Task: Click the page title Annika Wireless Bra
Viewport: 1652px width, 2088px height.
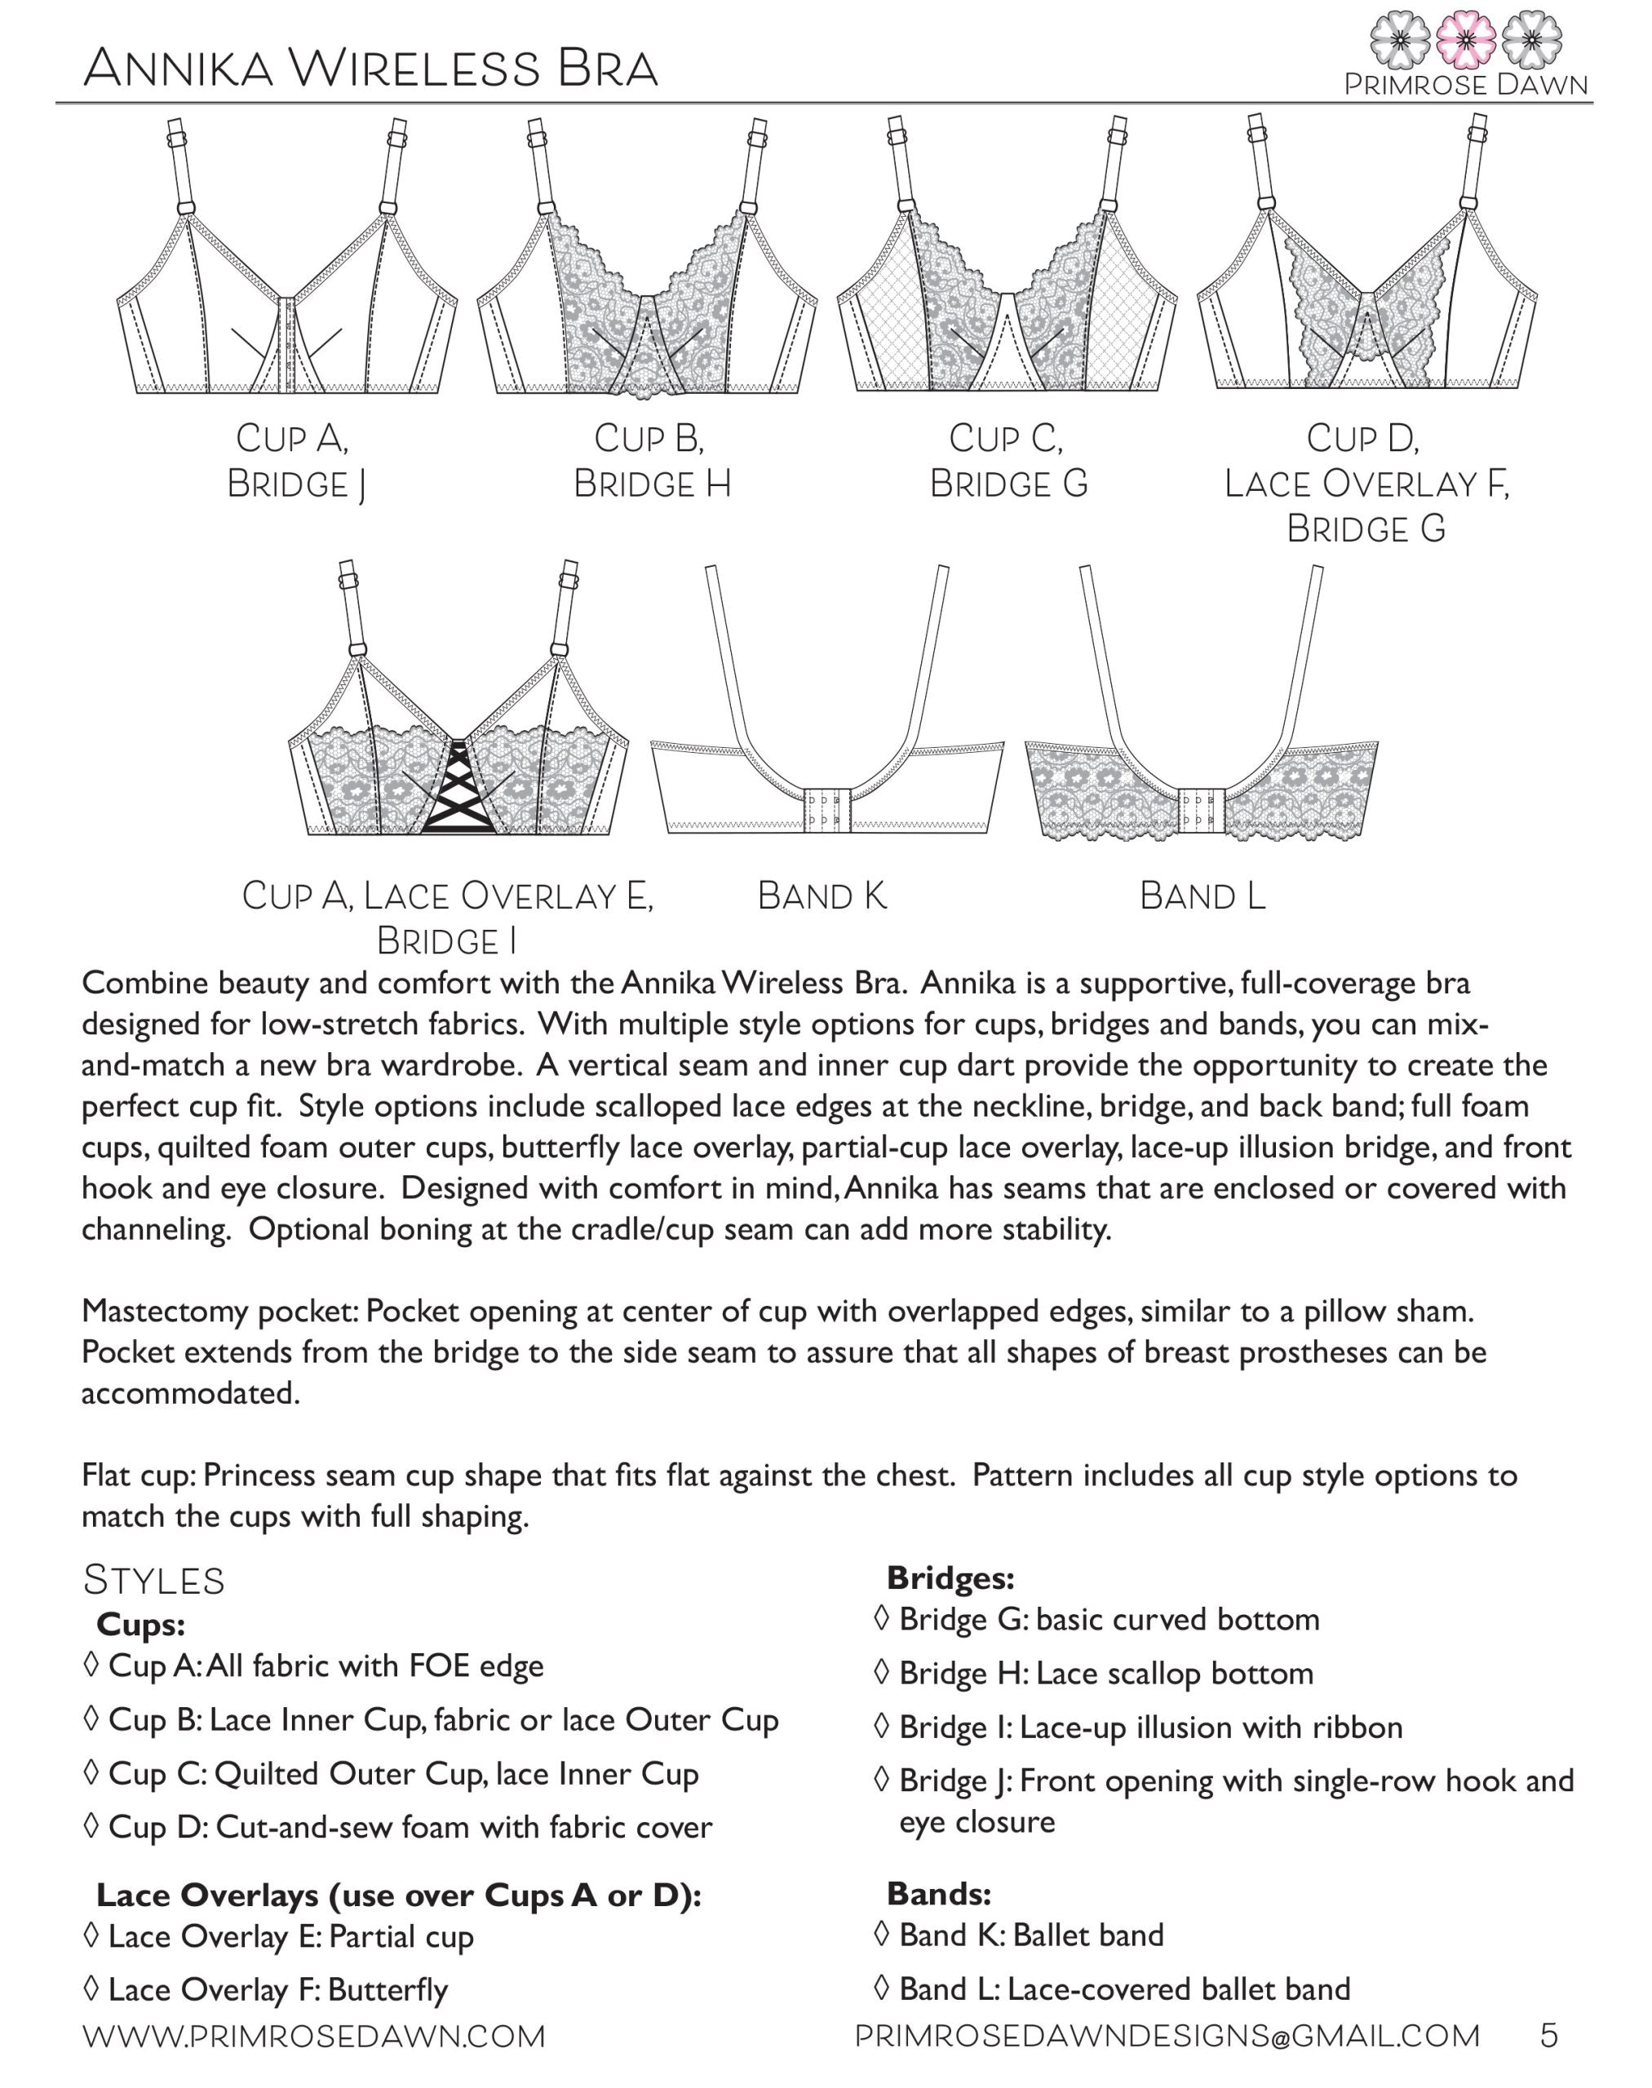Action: pyautogui.click(x=370, y=69)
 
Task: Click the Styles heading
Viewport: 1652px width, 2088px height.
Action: pyautogui.click(x=154, y=1581)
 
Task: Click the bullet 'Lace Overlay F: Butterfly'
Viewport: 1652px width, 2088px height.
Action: pyautogui.click(x=267, y=1989)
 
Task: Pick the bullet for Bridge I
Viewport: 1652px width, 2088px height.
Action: pyautogui.click(x=1137, y=1727)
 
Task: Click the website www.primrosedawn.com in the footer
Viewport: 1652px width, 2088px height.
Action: pyautogui.click(x=314, y=2036)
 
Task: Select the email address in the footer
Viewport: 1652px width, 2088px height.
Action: pyautogui.click(x=1167, y=2036)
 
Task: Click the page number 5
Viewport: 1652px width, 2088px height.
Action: pyautogui.click(x=1548, y=2036)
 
